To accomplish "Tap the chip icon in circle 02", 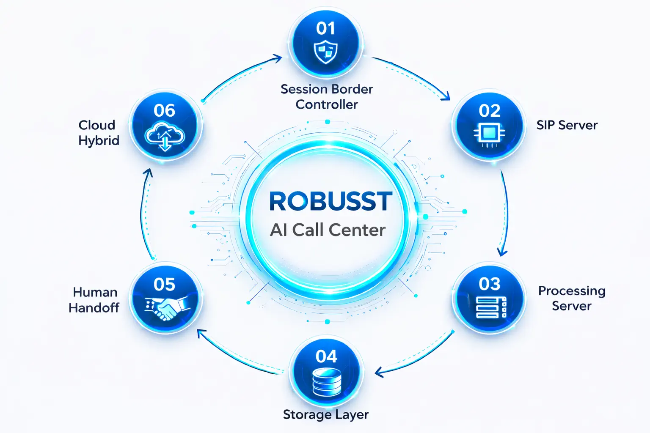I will pyautogui.click(x=489, y=134).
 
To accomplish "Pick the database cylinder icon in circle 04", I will pyautogui.click(x=326, y=382).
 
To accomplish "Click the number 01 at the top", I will pyautogui.click(x=325, y=28).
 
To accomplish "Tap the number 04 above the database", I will pyautogui.click(x=326, y=356).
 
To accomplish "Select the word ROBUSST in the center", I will pyautogui.click(x=331, y=201).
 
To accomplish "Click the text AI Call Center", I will pyautogui.click(x=328, y=230).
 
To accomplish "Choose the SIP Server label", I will pyautogui.click(x=567, y=125).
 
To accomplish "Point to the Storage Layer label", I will pyautogui.click(x=325, y=414).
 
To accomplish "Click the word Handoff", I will pyautogui.click(x=94, y=308).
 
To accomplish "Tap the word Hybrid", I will pyautogui.click(x=99, y=140).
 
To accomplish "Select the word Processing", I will pyautogui.click(x=572, y=291).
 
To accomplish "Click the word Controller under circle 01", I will pyautogui.click(x=327, y=104).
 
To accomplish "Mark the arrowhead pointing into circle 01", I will pyautogui.click(x=278, y=58).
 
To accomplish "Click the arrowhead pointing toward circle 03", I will pyautogui.click(x=502, y=252).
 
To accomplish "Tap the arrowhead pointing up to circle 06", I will pyautogui.click(x=148, y=173).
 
